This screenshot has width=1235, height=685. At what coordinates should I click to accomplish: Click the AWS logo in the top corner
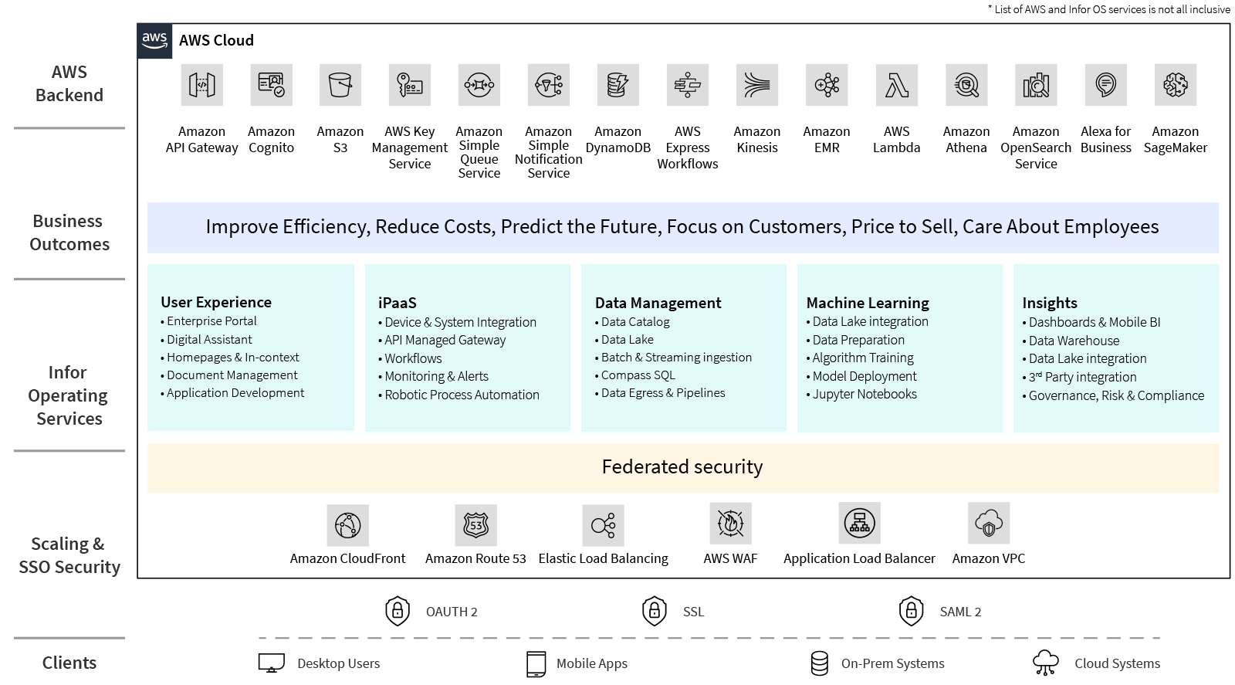coord(155,40)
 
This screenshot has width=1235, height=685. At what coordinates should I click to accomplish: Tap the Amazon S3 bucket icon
coord(340,85)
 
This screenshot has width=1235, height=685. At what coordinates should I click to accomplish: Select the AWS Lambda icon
coord(896,85)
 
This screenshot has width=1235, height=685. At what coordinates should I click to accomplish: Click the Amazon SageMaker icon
coord(1175,85)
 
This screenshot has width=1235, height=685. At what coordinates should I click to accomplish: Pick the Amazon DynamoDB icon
coord(617,85)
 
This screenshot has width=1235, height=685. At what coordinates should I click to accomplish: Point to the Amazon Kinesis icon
coord(757,85)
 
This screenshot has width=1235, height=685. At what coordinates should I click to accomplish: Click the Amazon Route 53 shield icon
coord(475,525)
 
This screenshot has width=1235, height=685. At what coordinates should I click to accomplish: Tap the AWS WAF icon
coord(730,523)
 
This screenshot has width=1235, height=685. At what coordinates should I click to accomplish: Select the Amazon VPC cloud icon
coord(989,523)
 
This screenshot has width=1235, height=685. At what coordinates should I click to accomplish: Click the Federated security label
coord(682,467)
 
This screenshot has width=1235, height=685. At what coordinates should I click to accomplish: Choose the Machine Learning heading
coord(868,303)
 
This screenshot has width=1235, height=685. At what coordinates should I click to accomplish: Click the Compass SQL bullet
coord(638,375)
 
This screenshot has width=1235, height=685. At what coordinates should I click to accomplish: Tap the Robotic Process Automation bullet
coord(462,395)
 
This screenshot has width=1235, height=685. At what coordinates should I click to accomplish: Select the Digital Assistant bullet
coord(209,340)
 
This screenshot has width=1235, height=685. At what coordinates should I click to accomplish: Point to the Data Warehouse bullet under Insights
coord(1073,341)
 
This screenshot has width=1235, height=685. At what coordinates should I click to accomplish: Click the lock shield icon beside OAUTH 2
coord(398,611)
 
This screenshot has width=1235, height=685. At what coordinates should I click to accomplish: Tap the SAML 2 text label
coord(960,612)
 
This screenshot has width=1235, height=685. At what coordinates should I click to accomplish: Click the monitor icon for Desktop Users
coord(272,663)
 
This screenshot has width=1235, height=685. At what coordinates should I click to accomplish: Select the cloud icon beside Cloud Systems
coord(1046,663)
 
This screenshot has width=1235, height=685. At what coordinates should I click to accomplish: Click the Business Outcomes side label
coord(69,232)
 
